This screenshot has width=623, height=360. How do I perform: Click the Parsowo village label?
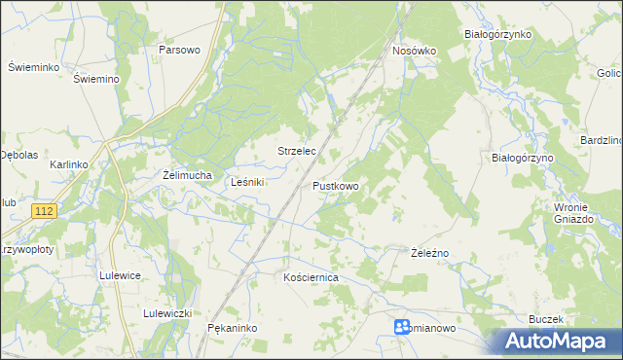coord(179,50)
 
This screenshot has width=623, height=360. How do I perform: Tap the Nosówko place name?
coord(414,50)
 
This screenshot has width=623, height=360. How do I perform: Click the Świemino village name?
coord(95,79)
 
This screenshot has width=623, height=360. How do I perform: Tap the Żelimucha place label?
coord(187,175)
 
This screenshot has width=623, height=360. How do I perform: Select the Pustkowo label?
coord(336,185)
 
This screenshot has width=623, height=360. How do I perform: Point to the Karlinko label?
coord(69,164)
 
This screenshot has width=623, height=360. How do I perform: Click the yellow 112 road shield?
coord(43,211)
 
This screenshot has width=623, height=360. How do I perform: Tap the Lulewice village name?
coord(120,275)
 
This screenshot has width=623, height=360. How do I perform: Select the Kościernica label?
coord(310,277)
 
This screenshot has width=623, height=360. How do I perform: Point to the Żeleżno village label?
coord(428,253)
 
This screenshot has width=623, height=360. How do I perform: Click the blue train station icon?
coord(402,328)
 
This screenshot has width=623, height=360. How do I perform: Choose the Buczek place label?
coord(547,319)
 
